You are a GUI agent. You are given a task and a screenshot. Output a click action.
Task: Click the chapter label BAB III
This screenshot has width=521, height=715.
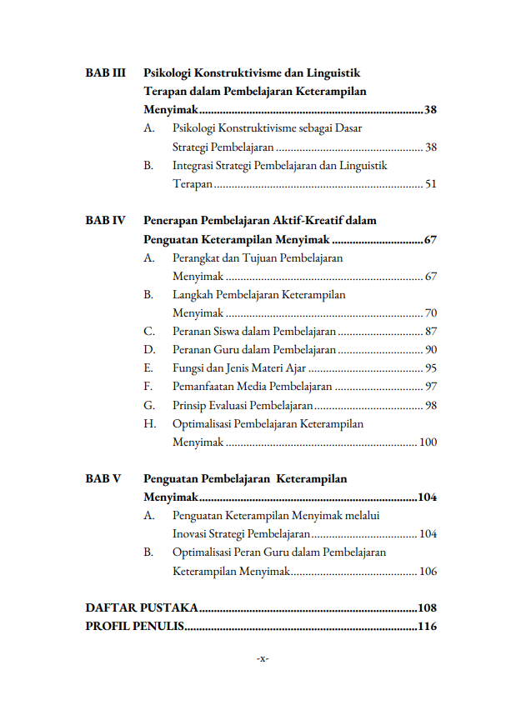coord(105,73)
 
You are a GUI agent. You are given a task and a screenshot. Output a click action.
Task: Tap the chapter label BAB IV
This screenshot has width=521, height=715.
coord(105,221)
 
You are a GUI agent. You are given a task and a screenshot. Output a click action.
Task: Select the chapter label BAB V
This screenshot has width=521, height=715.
coord(103,479)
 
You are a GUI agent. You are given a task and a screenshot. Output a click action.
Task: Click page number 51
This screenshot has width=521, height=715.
coord(430,184)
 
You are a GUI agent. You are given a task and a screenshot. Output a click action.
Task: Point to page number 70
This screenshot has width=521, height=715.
coord(430,313)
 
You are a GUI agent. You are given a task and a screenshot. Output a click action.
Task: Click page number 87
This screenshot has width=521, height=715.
coord(430,332)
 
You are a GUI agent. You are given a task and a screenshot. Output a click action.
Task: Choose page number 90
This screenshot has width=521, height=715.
coord(430,350)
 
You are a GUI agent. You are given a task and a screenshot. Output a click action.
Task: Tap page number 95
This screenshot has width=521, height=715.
coord(430,368)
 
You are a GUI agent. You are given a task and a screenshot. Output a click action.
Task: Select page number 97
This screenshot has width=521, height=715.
coord(430,387)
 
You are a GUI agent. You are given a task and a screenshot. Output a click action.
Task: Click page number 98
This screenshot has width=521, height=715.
coord(430,406)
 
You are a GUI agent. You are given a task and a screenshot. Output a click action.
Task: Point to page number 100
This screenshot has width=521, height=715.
coord(428,442)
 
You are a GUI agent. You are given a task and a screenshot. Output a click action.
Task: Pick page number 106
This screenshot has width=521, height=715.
coord(428,572)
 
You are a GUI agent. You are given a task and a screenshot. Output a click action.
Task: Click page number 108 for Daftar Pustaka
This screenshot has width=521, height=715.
coord(427,608)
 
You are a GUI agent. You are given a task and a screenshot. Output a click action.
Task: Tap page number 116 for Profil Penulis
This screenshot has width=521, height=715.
coord(427,627)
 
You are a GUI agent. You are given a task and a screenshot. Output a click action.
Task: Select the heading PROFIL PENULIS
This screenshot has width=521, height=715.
coord(134,627)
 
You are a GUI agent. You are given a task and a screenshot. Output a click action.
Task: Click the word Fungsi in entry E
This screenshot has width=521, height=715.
coord(188,368)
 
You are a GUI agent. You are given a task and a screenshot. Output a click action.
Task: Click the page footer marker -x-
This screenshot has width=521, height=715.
coord(262,659)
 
